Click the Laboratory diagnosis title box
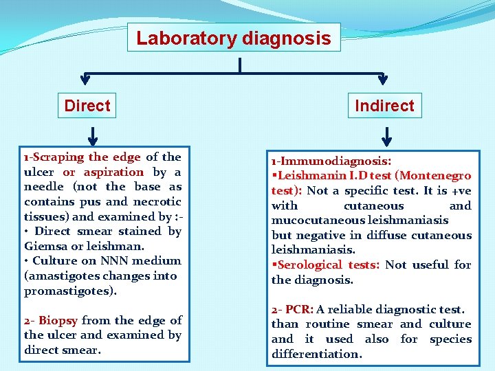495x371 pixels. [233, 38]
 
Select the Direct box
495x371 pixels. [87, 106]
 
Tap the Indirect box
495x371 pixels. [384, 106]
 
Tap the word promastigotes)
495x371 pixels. [70, 291]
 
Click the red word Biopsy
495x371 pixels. [58, 320]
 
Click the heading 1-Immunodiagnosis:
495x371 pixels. [331, 161]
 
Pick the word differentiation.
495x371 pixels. [316, 355]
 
